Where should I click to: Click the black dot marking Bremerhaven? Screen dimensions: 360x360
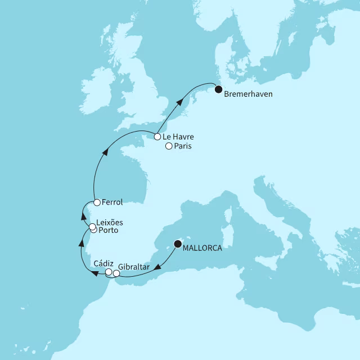click(218, 88)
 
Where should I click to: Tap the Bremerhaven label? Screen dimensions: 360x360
click(248, 94)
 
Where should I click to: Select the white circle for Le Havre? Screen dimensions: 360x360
click(158, 136)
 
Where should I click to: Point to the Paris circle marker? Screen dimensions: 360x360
click(169, 147)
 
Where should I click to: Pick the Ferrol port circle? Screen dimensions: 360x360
click(97, 202)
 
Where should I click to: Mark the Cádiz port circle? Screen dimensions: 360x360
click(109, 272)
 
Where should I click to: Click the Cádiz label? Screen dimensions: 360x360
click(105, 263)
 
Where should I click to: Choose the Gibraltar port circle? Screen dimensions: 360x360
click(116, 274)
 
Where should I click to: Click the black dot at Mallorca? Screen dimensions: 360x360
click(178, 244)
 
